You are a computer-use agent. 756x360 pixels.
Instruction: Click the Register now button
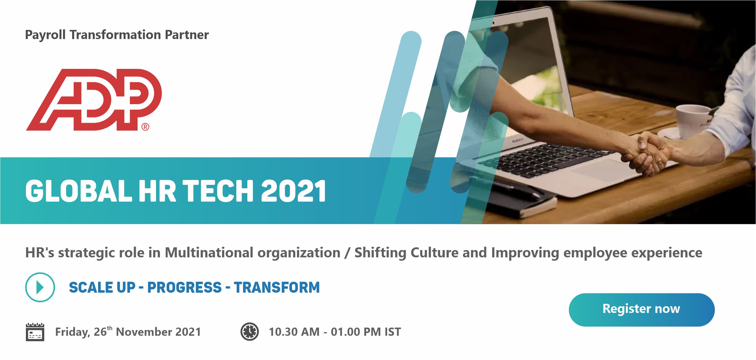point(641,309)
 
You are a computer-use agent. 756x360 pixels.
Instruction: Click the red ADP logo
point(94,100)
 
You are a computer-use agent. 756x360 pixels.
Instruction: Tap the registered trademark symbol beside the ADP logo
point(145,127)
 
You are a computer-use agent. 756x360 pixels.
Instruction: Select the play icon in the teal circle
point(40,287)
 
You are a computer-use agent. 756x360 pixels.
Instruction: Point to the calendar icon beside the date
point(35,332)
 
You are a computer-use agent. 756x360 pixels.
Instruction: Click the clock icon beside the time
point(249,331)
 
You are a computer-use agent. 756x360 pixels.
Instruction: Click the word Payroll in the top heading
point(45,35)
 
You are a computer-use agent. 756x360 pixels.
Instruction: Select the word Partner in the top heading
point(187,35)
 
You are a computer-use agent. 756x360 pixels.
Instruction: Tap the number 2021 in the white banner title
point(294,191)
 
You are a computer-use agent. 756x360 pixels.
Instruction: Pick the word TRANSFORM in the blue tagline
point(277,288)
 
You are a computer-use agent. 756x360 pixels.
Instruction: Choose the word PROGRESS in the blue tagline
point(185,288)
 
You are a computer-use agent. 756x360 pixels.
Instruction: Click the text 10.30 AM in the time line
point(294,332)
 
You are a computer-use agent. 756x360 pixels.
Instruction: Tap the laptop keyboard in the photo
point(545,158)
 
